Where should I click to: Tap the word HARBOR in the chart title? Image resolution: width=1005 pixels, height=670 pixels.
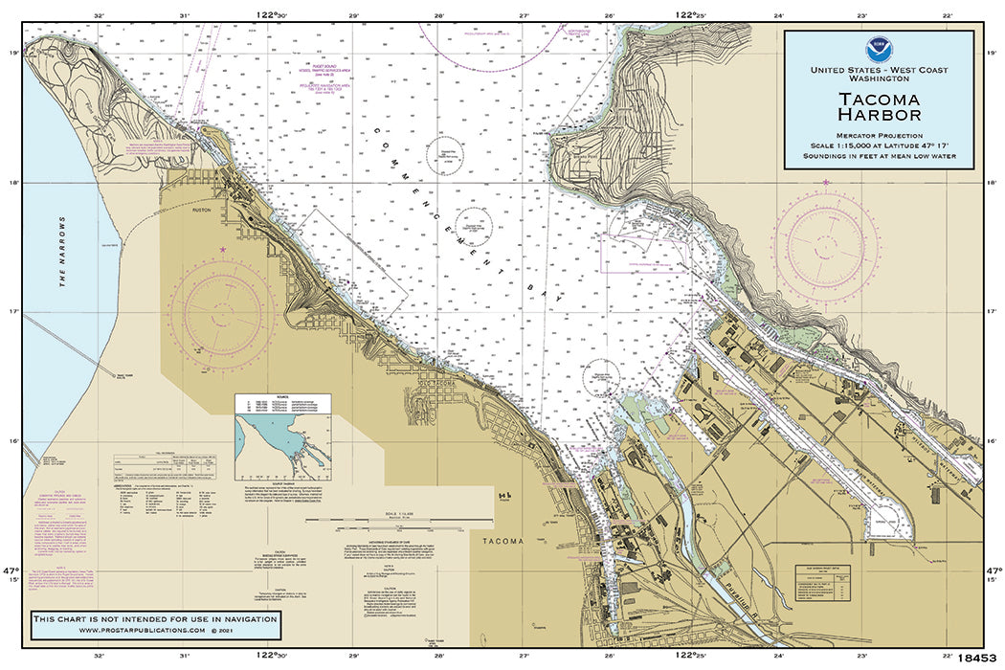click(x=880, y=115)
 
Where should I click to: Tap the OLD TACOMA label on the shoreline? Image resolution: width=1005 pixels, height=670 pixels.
click(x=440, y=385)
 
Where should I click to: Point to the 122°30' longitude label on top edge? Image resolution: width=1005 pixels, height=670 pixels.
click(x=274, y=15)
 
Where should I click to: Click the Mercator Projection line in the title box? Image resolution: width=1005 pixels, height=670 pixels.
click(x=878, y=136)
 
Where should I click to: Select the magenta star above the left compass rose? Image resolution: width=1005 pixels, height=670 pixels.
click(x=223, y=251)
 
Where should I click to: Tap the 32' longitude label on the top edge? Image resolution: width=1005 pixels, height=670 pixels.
click(x=99, y=15)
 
